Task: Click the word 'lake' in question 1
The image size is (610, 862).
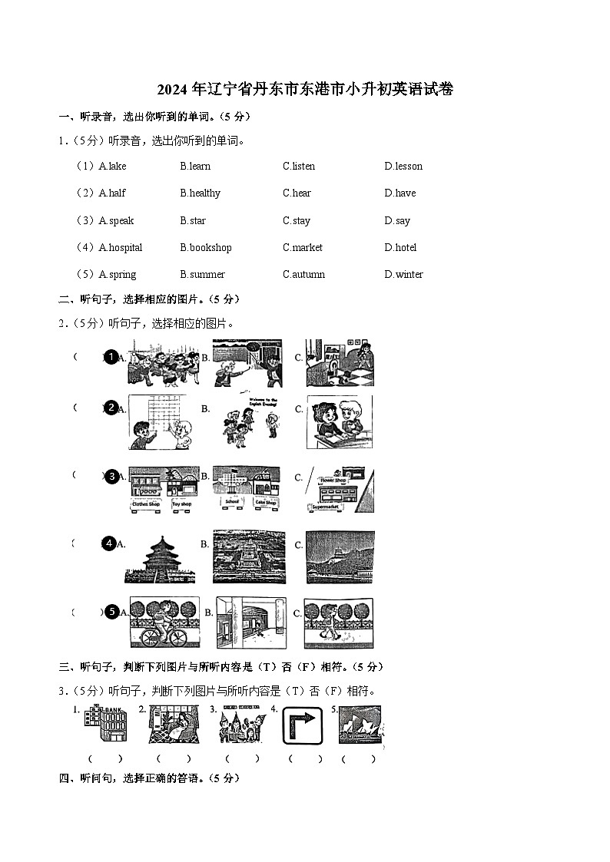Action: point(117,167)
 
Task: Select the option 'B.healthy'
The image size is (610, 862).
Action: point(200,193)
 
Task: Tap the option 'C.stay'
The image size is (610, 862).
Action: point(296,221)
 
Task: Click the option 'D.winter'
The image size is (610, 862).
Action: point(403,275)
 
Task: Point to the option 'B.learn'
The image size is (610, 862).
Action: point(195,167)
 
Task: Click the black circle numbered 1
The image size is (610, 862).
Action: point(111,357)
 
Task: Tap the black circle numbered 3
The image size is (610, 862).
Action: point(111,477)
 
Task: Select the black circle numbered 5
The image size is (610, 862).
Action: point(111,612)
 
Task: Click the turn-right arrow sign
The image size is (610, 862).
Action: point(302,725)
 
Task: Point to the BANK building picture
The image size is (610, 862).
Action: point(105,724)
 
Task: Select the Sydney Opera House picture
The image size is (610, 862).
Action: point(360,725)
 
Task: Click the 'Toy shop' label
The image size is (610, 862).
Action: point(182,504)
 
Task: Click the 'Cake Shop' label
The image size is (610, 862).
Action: point(266,501)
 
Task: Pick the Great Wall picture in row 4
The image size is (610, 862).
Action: point(340,557)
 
